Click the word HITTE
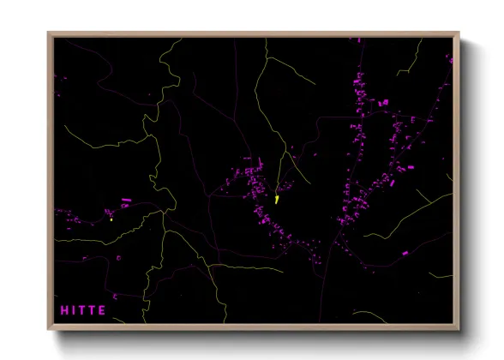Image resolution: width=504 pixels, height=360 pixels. click(83, 309)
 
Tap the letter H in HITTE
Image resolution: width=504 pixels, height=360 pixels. click(63, 309)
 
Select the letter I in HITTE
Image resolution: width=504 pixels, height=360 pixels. click(73, 309)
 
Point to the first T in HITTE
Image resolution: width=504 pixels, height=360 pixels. click(82, 309)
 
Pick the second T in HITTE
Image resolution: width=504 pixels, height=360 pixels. click(93, 309)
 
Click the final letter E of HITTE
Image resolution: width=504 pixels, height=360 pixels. click(103, 309)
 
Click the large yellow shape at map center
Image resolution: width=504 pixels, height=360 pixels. click(278, 199)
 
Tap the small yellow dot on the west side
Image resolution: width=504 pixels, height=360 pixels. click(111, 219)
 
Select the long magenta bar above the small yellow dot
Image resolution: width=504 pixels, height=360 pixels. click(126, 201)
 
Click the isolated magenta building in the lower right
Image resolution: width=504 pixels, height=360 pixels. click(405, 253)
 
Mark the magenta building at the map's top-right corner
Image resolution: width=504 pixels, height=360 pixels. click(447, 58)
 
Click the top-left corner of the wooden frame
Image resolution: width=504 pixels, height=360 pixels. click(49, 34)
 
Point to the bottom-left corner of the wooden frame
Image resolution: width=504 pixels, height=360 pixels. click(49, 329)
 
